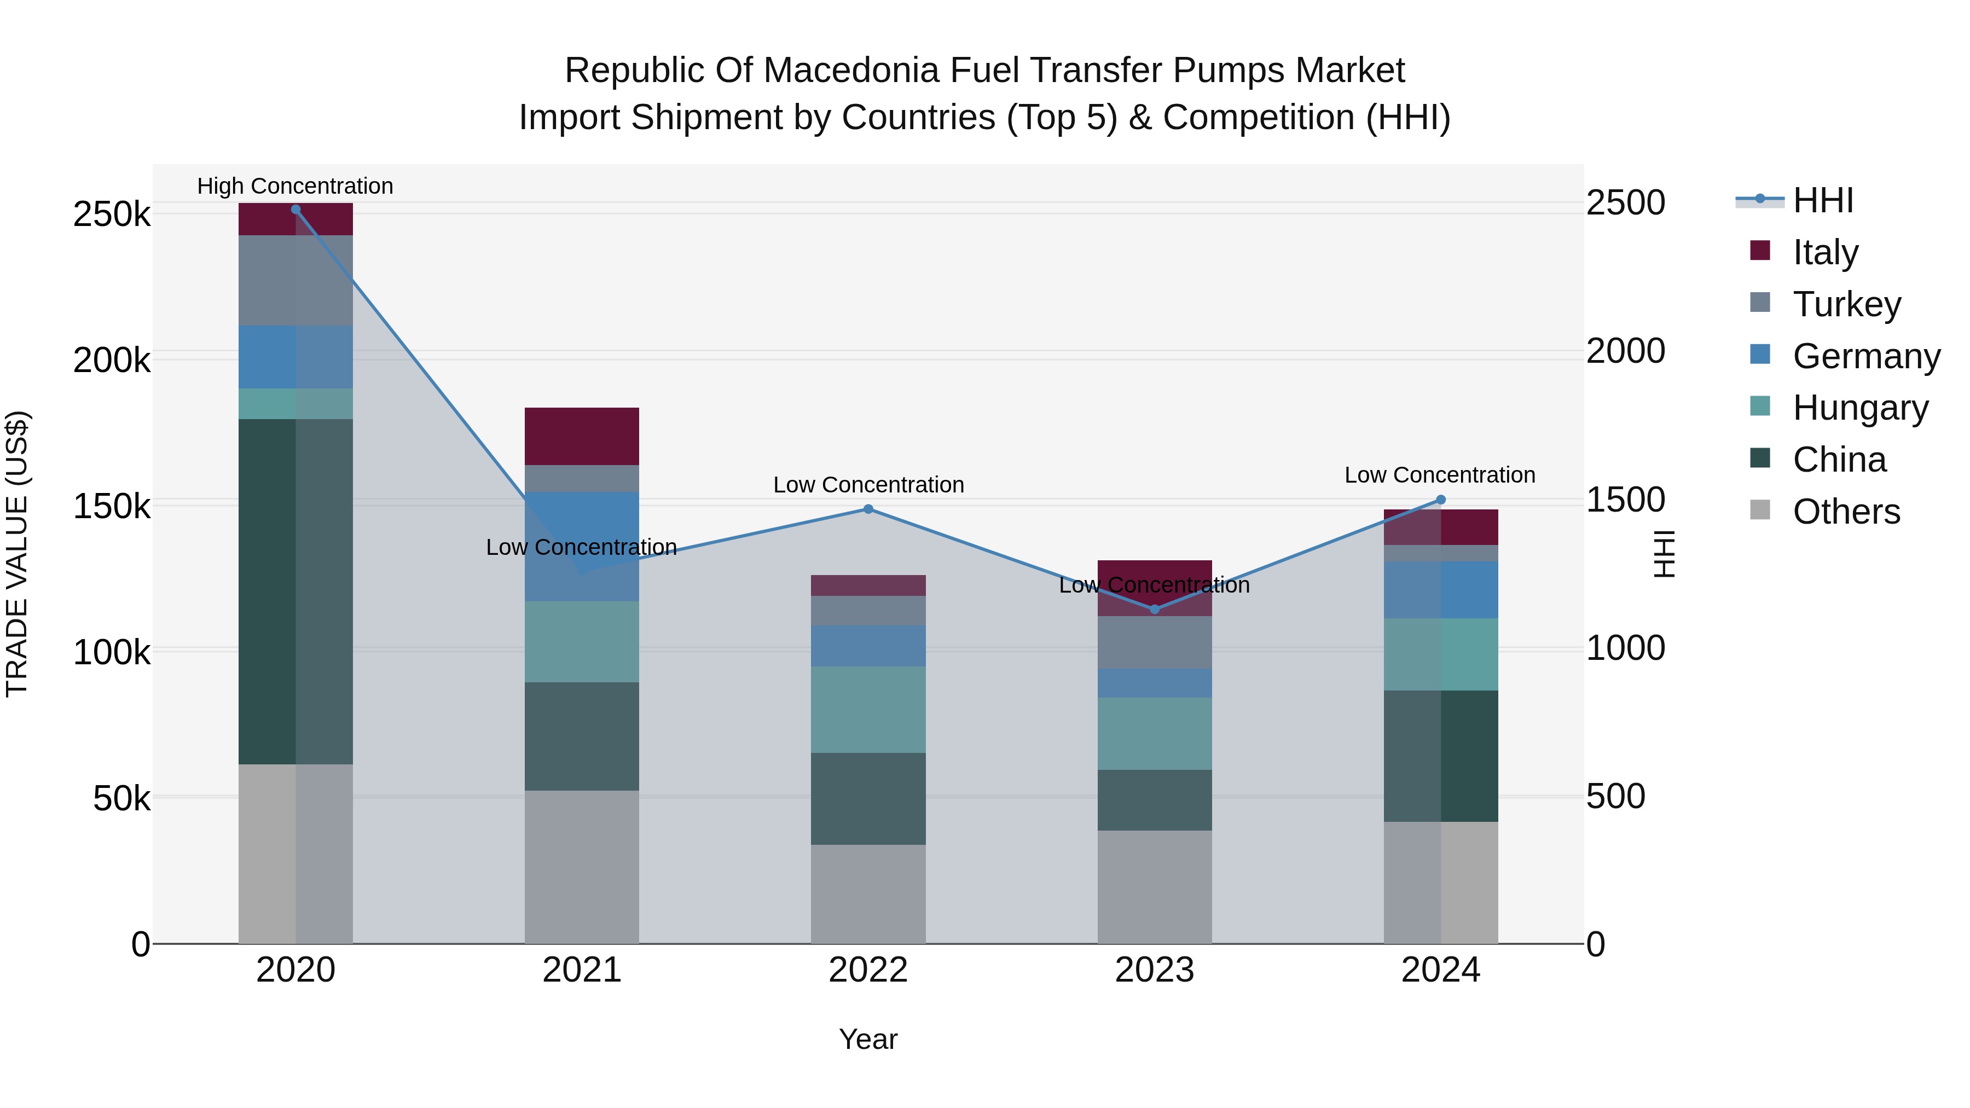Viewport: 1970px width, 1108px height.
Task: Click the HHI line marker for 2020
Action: pyautogui.click(x=296, y=210)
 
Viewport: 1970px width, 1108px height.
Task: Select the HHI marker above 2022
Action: pyautogui.click(x=868, y=509)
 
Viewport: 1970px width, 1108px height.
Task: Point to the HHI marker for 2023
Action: pyautogui.click(x=1155, y=610)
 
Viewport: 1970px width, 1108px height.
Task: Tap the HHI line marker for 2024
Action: pyautogui.click(x=1441, y=500)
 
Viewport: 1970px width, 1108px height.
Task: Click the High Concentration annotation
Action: pyautogui.click(x=295, y=187)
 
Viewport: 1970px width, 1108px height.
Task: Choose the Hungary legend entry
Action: pyautogui.click(x=1860, y=408)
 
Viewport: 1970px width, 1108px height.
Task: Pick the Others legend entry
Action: pyautogui.click(x=1846, y=512)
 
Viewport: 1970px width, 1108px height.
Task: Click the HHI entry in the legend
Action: pyautogui.click(x=1823, y=200)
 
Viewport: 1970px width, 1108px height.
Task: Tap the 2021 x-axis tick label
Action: pyautogui.click(x=582, y=970)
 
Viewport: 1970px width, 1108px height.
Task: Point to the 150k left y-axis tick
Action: pyautogui.click(x=112, y=506)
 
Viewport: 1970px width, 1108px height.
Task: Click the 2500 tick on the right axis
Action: pyautogui.click(x=1626, y=204)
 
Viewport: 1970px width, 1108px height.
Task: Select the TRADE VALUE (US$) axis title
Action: pyautogui.click(x=17, y=554)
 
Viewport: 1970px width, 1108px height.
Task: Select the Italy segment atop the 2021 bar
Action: pyautogui.click(x=582, y=436)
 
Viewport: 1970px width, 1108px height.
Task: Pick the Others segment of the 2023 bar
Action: pyautogui.click(x=1155, y=887)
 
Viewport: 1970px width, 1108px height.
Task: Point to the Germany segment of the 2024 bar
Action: pyautogui.click(x=1441, y=589)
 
